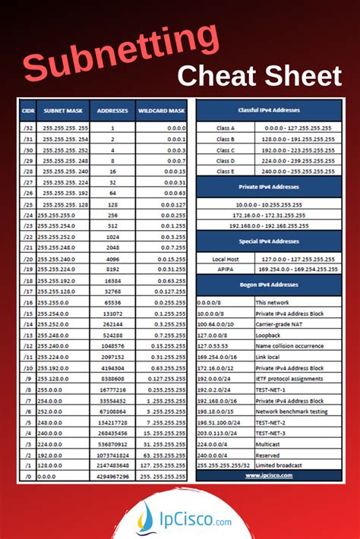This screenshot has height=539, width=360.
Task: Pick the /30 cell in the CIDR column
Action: [x=28, y=150]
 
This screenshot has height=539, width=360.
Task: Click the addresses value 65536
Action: [x=112, y=302]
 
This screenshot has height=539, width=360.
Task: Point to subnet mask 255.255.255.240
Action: [x=65, y=172]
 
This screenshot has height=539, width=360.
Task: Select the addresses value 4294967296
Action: [x=112, y=477]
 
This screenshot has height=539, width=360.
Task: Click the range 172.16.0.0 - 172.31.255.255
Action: [x=269, y=216]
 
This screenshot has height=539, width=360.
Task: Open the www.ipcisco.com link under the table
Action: [x=269, y=476]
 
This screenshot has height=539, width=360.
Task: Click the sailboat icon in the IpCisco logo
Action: [x=144, y=517]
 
